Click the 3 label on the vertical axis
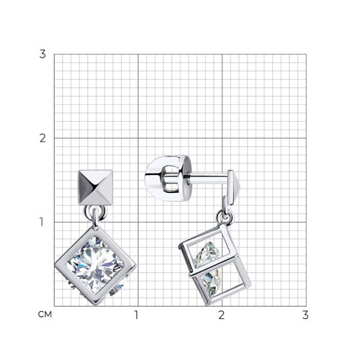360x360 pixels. click(42, 54)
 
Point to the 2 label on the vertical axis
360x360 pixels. click(42, 138)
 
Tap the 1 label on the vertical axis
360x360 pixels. click(42, 222)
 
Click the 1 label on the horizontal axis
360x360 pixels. click(137, 315)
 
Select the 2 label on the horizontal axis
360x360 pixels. click(222, 315)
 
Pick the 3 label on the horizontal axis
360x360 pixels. click(305, 315)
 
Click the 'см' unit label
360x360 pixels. click(45, 315)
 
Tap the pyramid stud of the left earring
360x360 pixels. click(96, 187)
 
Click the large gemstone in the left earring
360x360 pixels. click(95, 265)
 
